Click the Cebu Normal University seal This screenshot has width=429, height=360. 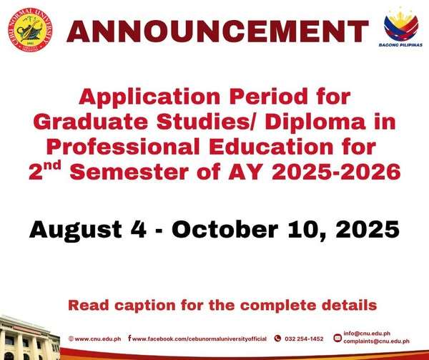(30, 29)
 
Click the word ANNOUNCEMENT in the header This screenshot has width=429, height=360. (217, 31)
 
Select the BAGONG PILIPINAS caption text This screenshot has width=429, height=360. (400, 45)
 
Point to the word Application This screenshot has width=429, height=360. (149, 97)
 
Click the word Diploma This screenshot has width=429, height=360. (315, 122)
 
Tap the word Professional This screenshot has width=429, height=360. (123, 147)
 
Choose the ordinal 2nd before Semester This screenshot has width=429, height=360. (44, 171)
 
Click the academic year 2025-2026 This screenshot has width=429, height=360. (336, 172)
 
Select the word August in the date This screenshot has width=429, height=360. (76, 230)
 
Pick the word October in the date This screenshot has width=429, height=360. (225, 229)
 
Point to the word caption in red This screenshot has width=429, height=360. (145, 306)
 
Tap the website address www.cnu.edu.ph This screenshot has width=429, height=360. (98, 339)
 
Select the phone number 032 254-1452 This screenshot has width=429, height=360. (304, 339)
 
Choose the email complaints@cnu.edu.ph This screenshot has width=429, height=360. (377, 341)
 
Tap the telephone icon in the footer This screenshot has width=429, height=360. (277, 339)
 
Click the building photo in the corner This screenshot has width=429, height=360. (29, 338)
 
